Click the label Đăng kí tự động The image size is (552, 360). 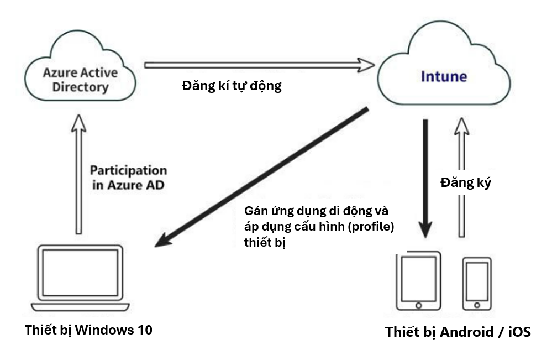232,87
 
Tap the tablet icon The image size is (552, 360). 418,281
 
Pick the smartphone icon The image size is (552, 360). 476,283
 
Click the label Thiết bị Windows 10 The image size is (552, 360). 88,330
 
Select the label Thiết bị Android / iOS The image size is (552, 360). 458,332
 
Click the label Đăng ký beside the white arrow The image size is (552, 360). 465,182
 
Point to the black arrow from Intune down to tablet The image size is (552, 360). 425,177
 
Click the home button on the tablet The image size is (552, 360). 418,305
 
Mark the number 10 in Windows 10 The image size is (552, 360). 144,330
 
